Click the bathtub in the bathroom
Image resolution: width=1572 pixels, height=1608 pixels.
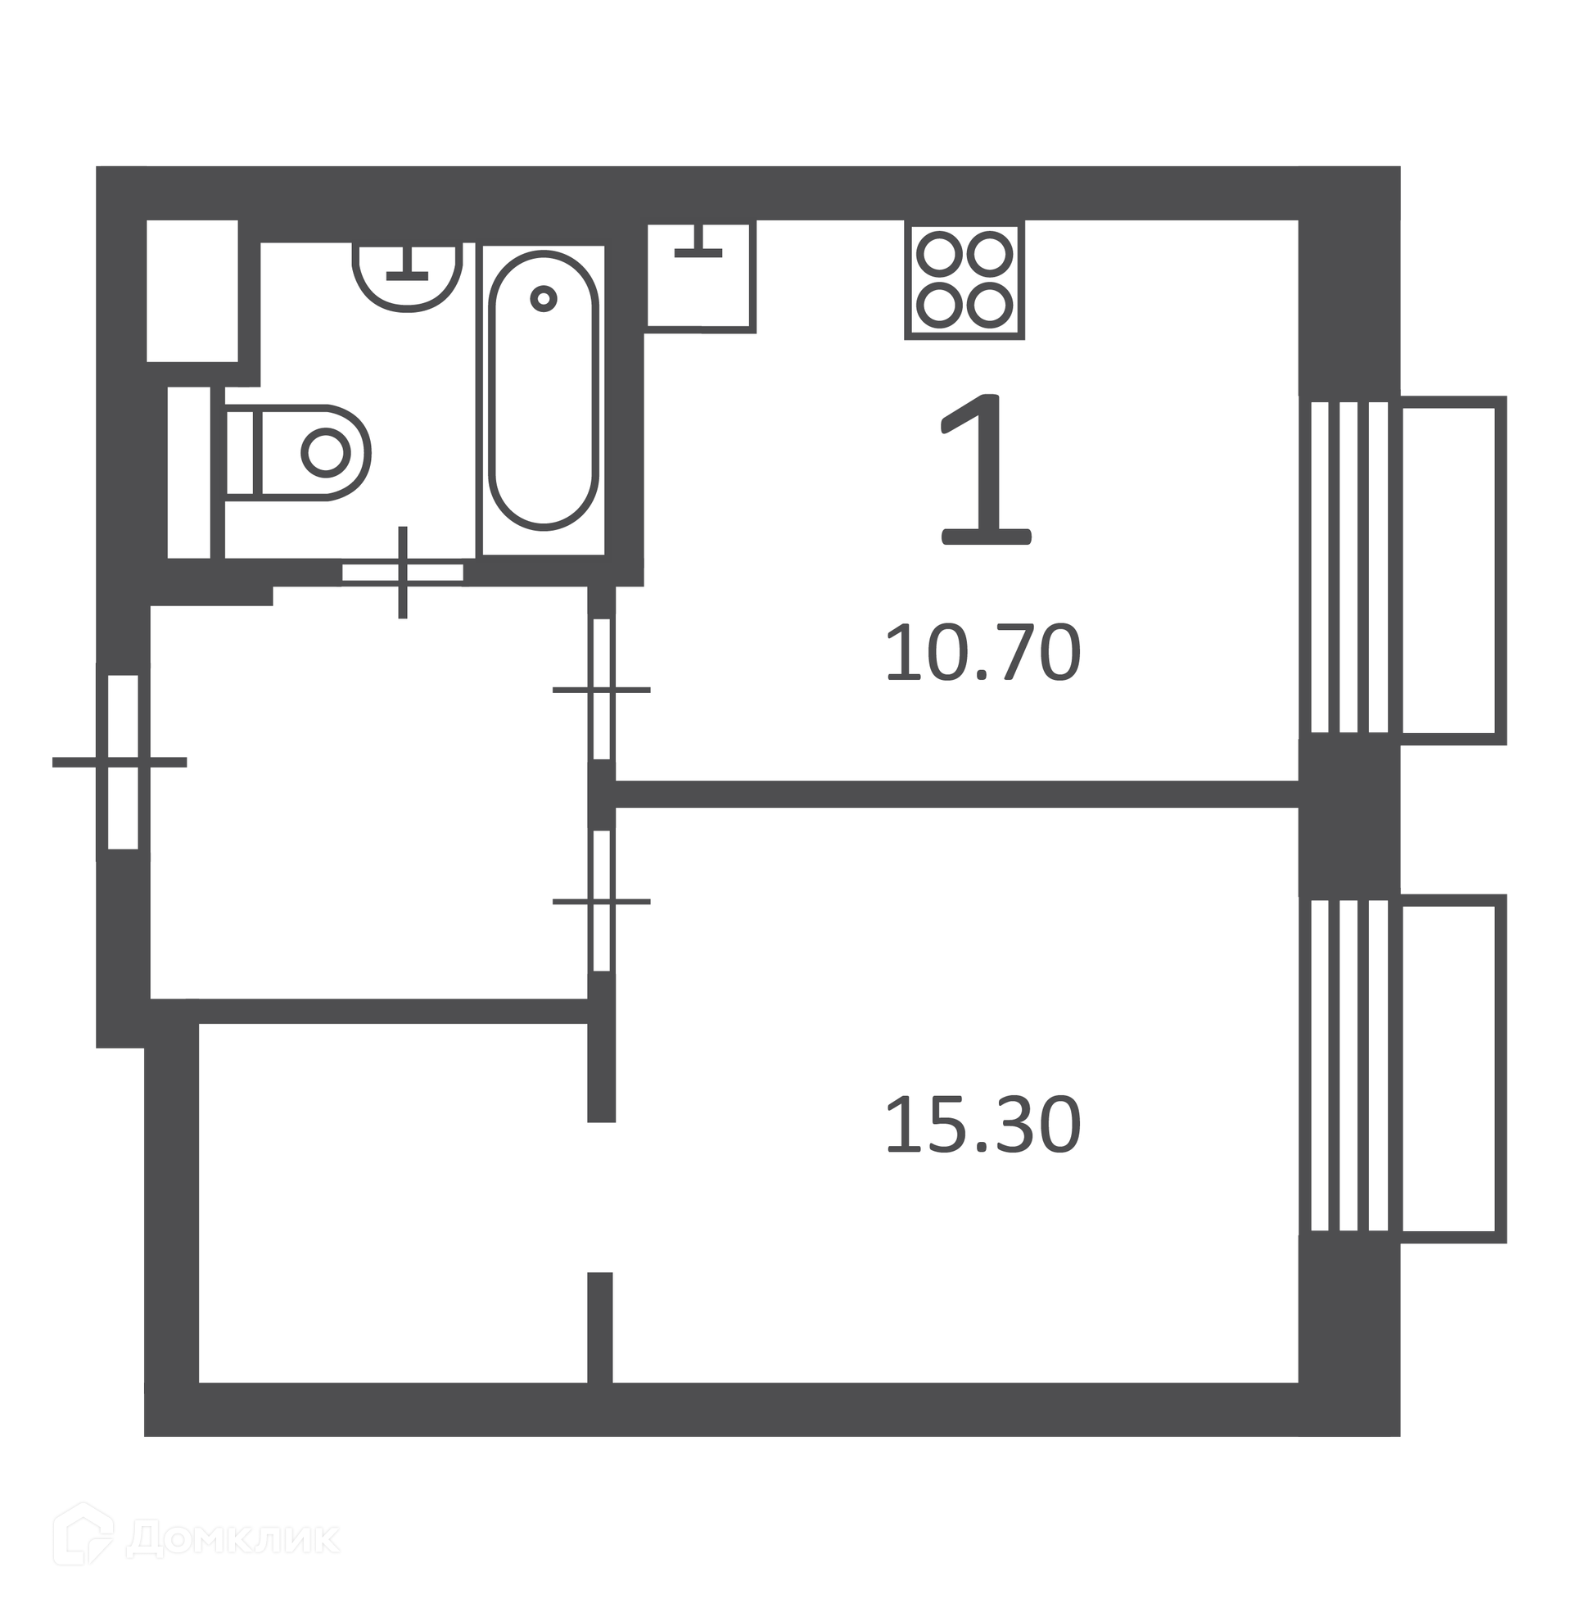[544, 390]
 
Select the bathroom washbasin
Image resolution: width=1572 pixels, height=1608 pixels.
[407, 277]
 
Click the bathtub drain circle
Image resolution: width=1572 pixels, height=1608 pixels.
[544, 298]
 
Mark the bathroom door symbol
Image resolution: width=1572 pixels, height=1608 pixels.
[403, 572]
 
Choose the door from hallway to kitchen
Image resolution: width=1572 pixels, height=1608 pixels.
[602, 689]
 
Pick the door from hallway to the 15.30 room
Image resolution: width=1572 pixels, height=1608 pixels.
[602, 901]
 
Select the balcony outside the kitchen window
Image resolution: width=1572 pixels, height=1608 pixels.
[1453, 570]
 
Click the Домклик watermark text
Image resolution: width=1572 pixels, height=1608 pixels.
[233, 1538]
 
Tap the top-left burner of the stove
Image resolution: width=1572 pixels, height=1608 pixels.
[940, 253]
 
